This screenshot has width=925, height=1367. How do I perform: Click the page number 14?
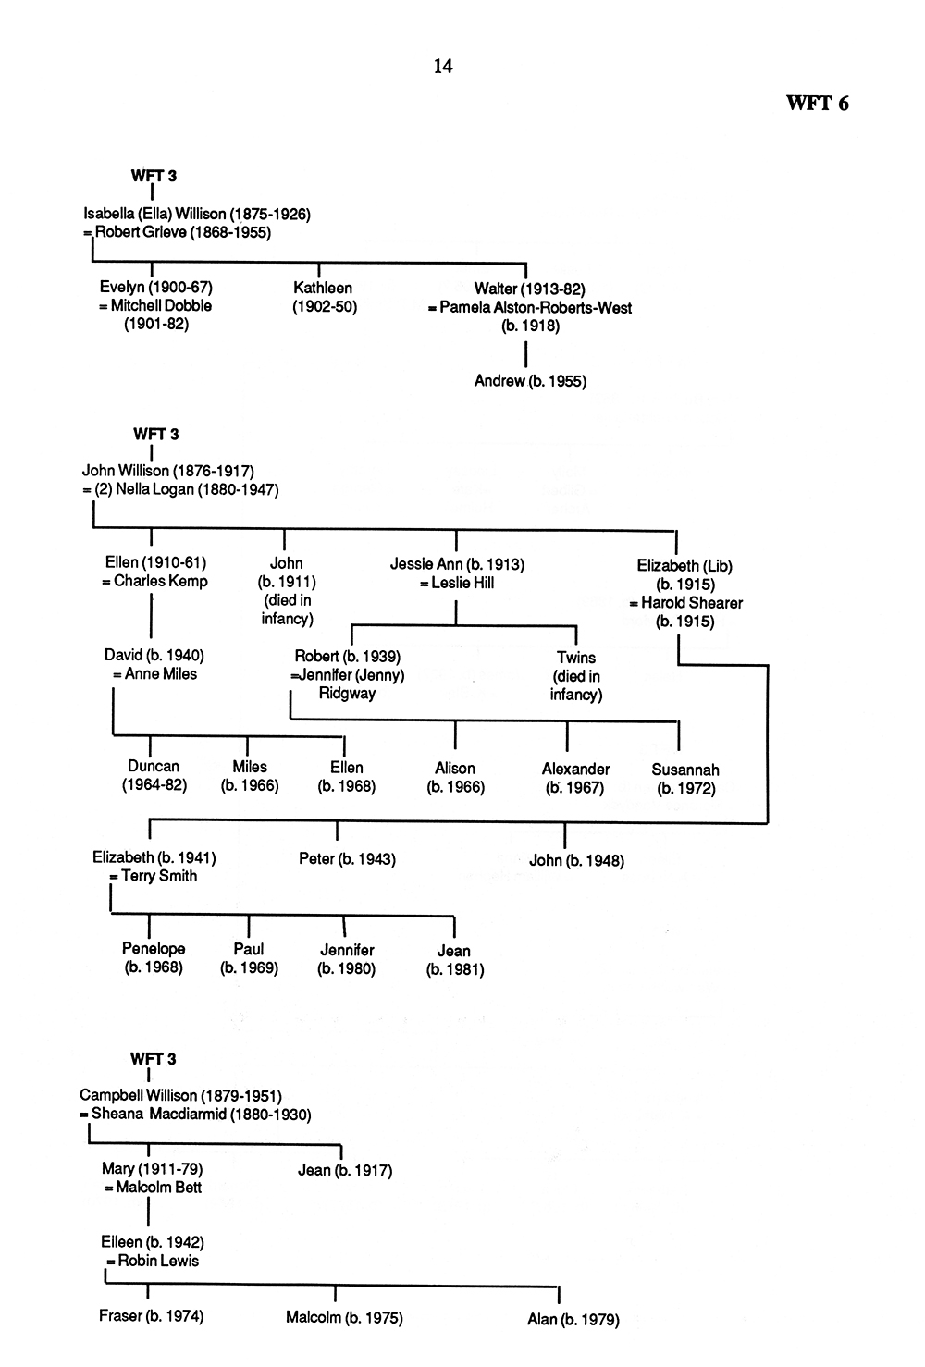click(443, 66)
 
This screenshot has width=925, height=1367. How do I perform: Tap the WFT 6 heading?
click(817, 104)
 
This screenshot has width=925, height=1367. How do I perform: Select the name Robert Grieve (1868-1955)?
click(183, 232)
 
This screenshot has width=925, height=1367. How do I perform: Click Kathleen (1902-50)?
click(324, 297)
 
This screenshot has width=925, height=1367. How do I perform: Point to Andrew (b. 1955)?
click(530, 381)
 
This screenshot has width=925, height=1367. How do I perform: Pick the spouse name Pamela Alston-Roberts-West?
click(536, 308)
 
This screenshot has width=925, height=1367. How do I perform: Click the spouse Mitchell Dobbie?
click(161, 306)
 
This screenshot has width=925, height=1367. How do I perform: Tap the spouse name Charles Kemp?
click(160, 581)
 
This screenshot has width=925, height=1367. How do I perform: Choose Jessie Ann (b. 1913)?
click(457, 564)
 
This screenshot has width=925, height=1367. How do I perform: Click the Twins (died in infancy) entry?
click(576, 676)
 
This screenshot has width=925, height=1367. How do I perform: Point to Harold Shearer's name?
click(692, 603)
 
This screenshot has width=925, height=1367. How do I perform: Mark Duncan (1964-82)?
click(154, 776)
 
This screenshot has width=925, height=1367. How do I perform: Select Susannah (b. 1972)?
click(685, 780)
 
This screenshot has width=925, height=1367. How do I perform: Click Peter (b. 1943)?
click(347, 859)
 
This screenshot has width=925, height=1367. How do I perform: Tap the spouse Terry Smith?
click(159, 876)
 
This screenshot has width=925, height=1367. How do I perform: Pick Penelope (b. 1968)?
click(154, 957)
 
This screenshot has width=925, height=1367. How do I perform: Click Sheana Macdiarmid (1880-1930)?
click(202, 1114)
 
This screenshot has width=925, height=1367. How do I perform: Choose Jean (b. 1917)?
click(345, 1170)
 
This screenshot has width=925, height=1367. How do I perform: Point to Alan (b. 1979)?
click(573, 1320)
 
